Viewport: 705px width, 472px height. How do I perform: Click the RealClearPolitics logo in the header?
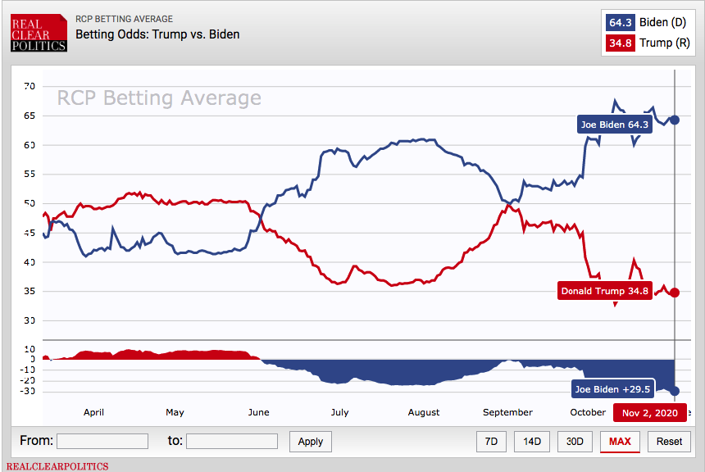click(x=39, y=32)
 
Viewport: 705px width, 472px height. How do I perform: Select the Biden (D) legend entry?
click(x=647, y=22)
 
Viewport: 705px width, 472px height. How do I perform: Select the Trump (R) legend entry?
click(x=647, y=42)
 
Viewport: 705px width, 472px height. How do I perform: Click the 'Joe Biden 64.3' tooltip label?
click(x=615, y=125)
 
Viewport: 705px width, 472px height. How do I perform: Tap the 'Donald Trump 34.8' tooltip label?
click(x=604, y=291)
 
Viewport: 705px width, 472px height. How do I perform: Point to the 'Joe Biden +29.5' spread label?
click(x=612, y=389)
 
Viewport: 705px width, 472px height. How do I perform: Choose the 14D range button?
click(x=532, y=441)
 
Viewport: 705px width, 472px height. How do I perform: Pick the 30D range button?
click(x=575, y=441)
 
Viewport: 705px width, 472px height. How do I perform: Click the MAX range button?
click(x=620, y=441)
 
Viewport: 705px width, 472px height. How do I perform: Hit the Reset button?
click(x=669, y=441)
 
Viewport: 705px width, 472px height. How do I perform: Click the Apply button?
click(x=311, y=441)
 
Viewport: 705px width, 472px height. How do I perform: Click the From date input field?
click(x=102, y=441)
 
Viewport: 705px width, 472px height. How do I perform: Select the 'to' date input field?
click(x=232, y=441)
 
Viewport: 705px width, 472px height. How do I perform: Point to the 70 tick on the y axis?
click(x=29, y=86)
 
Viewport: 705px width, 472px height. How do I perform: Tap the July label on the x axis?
click(x=339, y=412)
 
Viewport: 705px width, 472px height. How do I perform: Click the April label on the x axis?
click(x=93, y=412)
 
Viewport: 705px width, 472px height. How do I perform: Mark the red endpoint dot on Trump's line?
click(x=675, y=293)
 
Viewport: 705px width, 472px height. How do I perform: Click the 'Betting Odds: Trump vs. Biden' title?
click(x=157, y=34)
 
